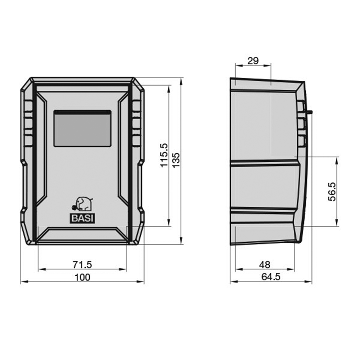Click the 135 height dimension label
pos(176,160)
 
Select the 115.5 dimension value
pos(164,155)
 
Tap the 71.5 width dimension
pos(82,265)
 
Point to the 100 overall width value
pos(82,277)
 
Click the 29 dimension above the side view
pos(253,60)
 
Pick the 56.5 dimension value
pos(332,192)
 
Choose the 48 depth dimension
pos(265,265)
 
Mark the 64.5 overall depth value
pos(271,277)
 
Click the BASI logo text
pos(82,219)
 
